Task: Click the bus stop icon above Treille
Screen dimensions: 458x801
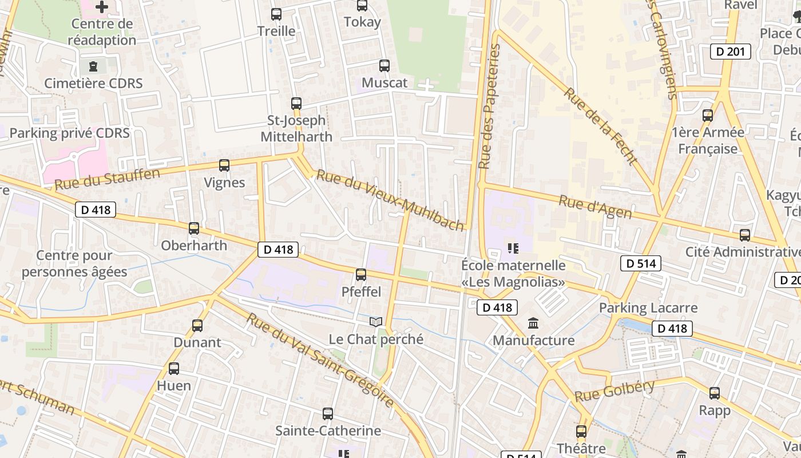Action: click(x=276, y=14)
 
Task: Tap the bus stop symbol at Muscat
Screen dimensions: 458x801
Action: click(x=384, y=66)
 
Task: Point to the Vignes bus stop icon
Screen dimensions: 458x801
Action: click(x=224, y=165)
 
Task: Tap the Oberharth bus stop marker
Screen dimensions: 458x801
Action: click(x=194, y=228)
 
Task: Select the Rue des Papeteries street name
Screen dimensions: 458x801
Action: click(x=489, y=107)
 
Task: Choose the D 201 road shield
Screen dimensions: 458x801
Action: click(x=731, y=52)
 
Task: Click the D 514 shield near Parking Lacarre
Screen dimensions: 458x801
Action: click(x=641, y=263)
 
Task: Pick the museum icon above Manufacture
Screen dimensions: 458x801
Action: click(x=534, y=323)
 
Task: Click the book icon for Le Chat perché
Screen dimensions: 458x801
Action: click(x=375, y=322)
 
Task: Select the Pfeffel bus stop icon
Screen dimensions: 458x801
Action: click(x=361, y=275)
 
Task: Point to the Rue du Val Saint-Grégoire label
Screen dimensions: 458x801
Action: click(x=320, y=360)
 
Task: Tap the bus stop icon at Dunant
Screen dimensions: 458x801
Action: click(x=197, y=326)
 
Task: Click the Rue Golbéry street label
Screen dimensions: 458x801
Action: click(x=614, y=391)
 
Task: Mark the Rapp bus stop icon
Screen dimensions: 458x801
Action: click(x=715, y=393)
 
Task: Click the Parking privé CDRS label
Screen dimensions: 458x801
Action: click(x=69, y=133)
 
